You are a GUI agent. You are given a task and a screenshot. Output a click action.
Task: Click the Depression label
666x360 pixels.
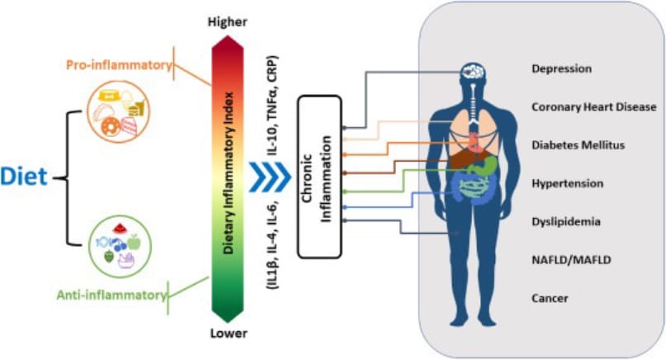[x=561, y=69]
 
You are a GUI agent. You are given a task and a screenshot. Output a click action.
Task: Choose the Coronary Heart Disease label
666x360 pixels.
[x=593, y=107]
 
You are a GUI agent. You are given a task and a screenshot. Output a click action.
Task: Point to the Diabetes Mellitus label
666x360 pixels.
[x=578, y=145]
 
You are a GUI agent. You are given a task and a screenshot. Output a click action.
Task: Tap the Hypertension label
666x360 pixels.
[x=567, y=183]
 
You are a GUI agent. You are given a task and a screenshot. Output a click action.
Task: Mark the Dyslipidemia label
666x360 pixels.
[x=565, y=221]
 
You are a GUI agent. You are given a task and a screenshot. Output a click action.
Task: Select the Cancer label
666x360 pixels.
[x=549, y=298]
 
